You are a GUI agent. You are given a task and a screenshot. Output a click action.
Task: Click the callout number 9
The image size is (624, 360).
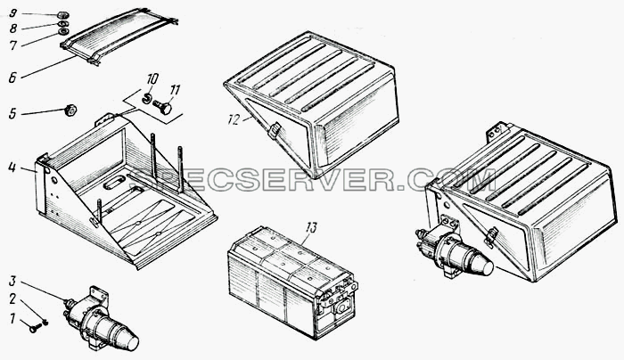[12, 14]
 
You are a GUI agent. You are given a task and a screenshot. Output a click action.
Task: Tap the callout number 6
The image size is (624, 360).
[12, 78]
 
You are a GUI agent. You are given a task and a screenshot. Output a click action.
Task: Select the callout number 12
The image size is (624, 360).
[234, 119]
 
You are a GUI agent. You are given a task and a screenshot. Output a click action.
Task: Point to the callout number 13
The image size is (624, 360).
[312, 228]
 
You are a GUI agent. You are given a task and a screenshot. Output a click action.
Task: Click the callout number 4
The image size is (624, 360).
[12, 168]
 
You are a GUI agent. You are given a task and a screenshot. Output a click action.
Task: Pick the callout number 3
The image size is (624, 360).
[12, 282]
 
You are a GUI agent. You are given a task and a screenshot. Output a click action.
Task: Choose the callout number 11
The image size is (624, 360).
[175, 90]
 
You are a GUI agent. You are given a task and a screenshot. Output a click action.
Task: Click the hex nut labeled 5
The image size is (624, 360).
[70, 110]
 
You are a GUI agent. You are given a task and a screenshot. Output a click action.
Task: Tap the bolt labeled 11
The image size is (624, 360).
[162, 107]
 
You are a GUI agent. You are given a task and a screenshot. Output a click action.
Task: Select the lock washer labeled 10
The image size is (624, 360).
[147, 98]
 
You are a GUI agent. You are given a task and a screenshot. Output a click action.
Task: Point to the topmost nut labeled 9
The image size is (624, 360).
[62, 15]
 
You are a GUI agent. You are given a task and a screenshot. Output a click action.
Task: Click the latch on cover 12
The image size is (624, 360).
[275, 131]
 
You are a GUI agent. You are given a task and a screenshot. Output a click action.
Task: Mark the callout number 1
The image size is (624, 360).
[12, 319]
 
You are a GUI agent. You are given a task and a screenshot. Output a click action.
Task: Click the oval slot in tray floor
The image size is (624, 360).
[113, 184]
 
